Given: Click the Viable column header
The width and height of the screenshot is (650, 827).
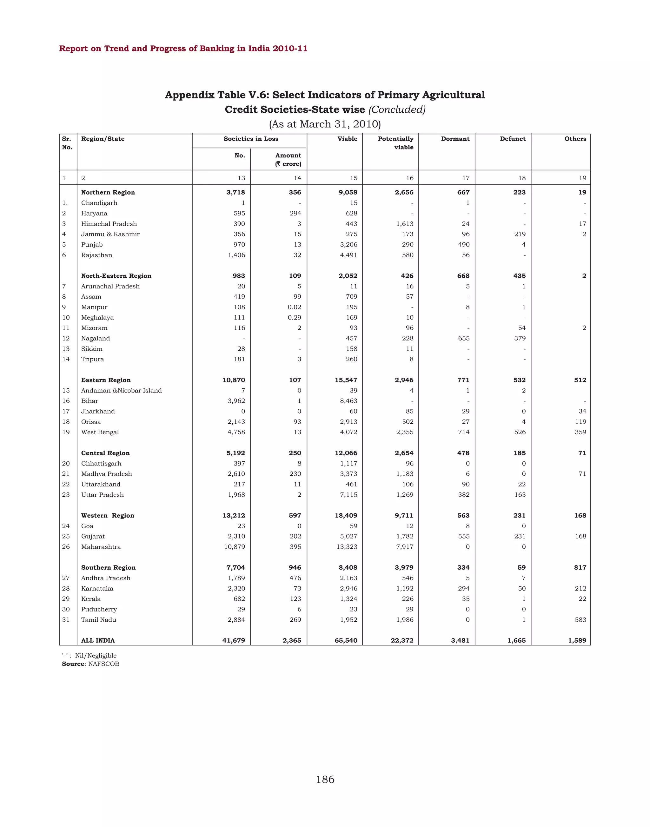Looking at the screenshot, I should (x=347, y=139).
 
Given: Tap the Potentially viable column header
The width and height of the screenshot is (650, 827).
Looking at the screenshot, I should (x=395, y=143).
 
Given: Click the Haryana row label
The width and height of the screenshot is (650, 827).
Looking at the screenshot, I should (x=94, y=214).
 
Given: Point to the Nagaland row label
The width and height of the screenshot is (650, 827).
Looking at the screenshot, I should (x=95, y=338).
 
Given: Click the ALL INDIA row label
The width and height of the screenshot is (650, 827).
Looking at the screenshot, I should (x=98, y=640).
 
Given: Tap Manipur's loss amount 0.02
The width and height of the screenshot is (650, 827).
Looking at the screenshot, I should (x=294, y=307).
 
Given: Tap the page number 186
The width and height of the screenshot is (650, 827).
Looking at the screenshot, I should (x=325, y=779).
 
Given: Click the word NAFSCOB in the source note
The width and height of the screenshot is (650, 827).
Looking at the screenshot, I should (x=103, y=664).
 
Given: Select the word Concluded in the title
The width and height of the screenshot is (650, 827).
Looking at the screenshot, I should (x=397, y=109).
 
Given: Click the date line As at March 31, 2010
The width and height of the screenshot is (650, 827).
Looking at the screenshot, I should (x=325, y=124).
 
